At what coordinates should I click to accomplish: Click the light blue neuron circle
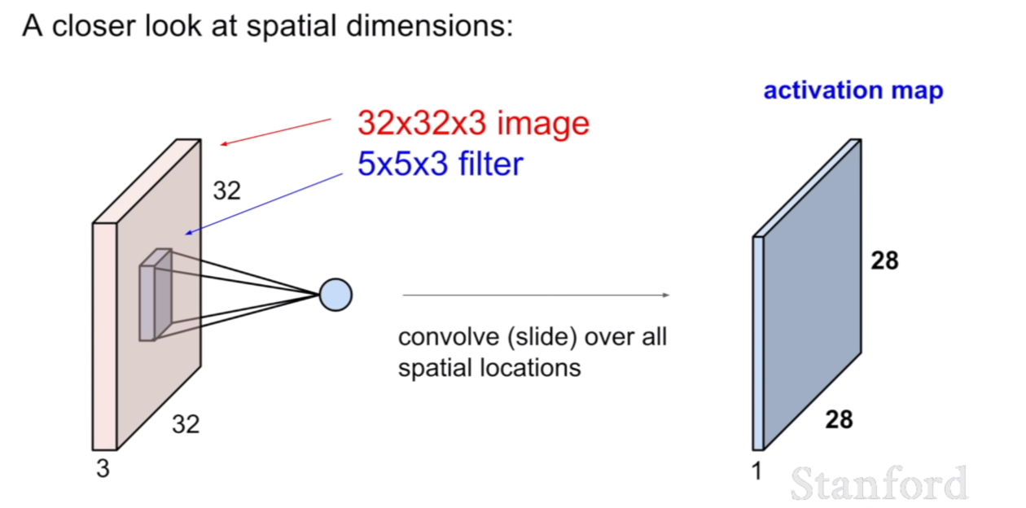335,295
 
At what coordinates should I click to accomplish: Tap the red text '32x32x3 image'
474,124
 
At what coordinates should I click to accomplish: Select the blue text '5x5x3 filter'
441,164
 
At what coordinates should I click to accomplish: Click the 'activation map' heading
853,90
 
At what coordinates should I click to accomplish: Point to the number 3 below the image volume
103,469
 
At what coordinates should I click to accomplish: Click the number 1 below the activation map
756,471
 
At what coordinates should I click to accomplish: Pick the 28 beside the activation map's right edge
884,261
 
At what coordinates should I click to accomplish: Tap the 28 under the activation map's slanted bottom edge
839,419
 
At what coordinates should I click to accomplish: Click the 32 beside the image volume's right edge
226,190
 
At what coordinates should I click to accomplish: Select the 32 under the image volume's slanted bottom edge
186,424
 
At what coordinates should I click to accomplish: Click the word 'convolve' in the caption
449,337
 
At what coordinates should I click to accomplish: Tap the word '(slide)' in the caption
541,338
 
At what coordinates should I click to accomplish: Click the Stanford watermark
879,484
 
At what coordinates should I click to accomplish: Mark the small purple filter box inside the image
156,295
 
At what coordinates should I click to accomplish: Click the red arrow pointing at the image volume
276,132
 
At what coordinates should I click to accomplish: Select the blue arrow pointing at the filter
264,204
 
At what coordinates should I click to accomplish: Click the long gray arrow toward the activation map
536,295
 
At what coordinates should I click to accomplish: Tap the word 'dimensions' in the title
430,26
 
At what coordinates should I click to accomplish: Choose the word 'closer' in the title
94,26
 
